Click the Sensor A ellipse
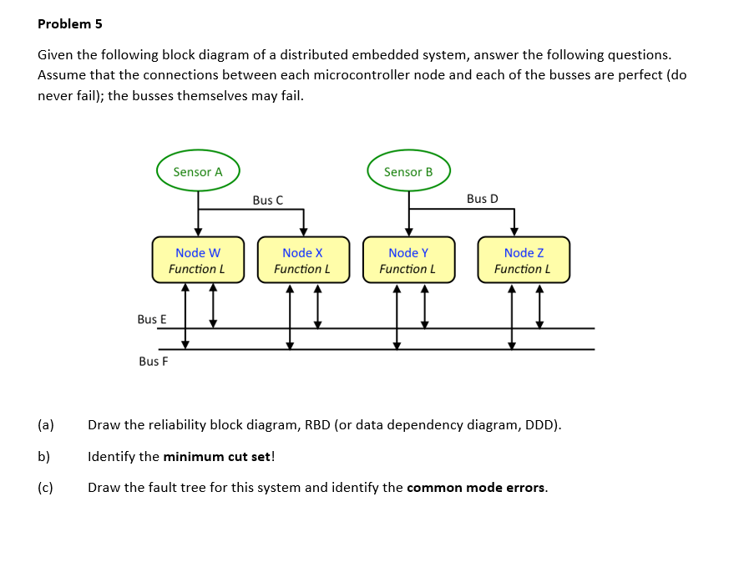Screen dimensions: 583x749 (x=198, y=171)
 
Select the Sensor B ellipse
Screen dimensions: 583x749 (x=408, y=171)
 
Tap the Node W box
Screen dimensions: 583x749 (x=198, y=260)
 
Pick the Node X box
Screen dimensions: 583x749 (x=303, y=260)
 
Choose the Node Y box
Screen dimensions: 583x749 (x=408, y=260)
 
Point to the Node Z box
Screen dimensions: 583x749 (x=524, y=260)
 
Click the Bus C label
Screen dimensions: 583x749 (x=267, y=200)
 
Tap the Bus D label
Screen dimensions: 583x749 (x=482, y=198)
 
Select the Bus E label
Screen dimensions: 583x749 (x=151, y=319)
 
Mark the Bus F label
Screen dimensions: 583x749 (x=153, y=361)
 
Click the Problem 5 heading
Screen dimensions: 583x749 (x=70, y=24)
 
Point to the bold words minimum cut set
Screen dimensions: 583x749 (x=216, y=456)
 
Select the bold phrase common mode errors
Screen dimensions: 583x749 (x=476, y=488)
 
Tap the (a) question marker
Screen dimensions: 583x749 (x=46, y=424)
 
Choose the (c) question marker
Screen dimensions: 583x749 (x=46, y=488)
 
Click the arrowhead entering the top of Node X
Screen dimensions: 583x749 (x=303, y=232)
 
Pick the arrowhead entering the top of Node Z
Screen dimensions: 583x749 (x=514, y=232)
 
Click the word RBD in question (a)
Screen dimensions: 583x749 (x=317, y=424)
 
